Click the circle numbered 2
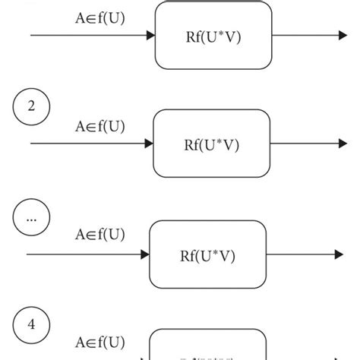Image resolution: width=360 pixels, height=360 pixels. click(31, 107)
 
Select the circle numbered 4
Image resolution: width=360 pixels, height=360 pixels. click(31, 325)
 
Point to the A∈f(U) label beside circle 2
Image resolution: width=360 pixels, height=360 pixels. click(100, 126)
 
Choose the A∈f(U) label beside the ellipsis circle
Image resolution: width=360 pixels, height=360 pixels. click(100, 235)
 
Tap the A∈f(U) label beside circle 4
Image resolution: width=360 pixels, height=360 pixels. click(100, 343)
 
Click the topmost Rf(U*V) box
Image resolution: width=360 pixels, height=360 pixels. click(213, 35)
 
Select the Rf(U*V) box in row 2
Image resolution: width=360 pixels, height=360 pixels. click(212, 144)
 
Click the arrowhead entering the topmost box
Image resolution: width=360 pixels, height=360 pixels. click(150, 35)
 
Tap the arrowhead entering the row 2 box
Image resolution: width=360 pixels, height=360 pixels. click(149, 144)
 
